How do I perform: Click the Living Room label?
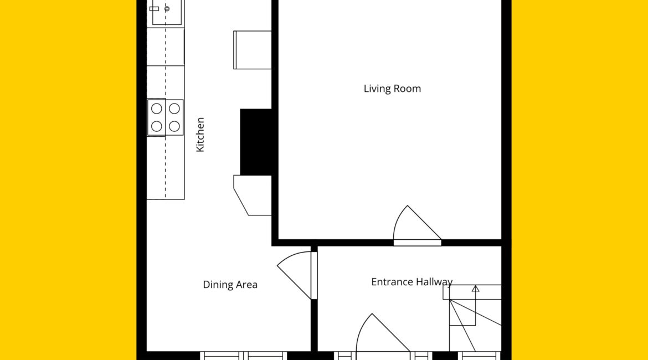click(x=392, y=89)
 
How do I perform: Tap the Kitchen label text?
click(x=200, y=135)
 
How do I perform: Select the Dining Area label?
click(x=230, y=285)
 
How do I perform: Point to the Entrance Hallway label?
click(x=412, y=282)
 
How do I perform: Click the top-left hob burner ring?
click(x=157, y=109)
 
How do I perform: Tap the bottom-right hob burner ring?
click(x=174, y=126)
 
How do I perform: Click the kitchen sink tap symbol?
click(x=154, y=9)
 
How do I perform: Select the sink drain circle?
click(x=167, y=9)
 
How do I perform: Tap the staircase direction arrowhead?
click(x=476, y=289)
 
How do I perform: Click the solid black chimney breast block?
click(x=256, y=142)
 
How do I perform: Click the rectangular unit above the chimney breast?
click(x=253, y=50)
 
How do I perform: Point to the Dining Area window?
click(x=243, y=356)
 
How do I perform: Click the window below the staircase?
click(x=480, y=356)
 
